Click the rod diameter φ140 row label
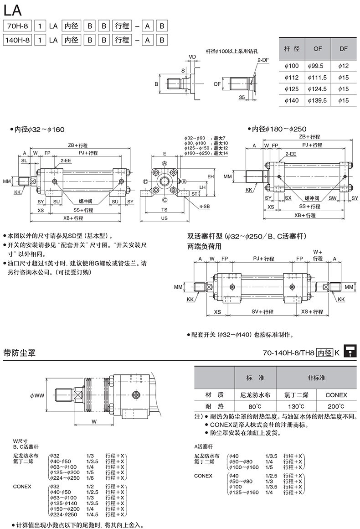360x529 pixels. (291, 100)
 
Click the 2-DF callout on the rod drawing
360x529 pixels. (262, 60)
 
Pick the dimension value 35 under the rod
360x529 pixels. (241, 98)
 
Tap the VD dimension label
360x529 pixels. (192, 57)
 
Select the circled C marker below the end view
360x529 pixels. (165, 199)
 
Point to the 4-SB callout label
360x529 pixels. (204, 207)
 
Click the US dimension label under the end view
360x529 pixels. (165, 218)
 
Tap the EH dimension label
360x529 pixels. (211, 176)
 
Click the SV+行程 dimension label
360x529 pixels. (262, 311)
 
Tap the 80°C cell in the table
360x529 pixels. (255, 406)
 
